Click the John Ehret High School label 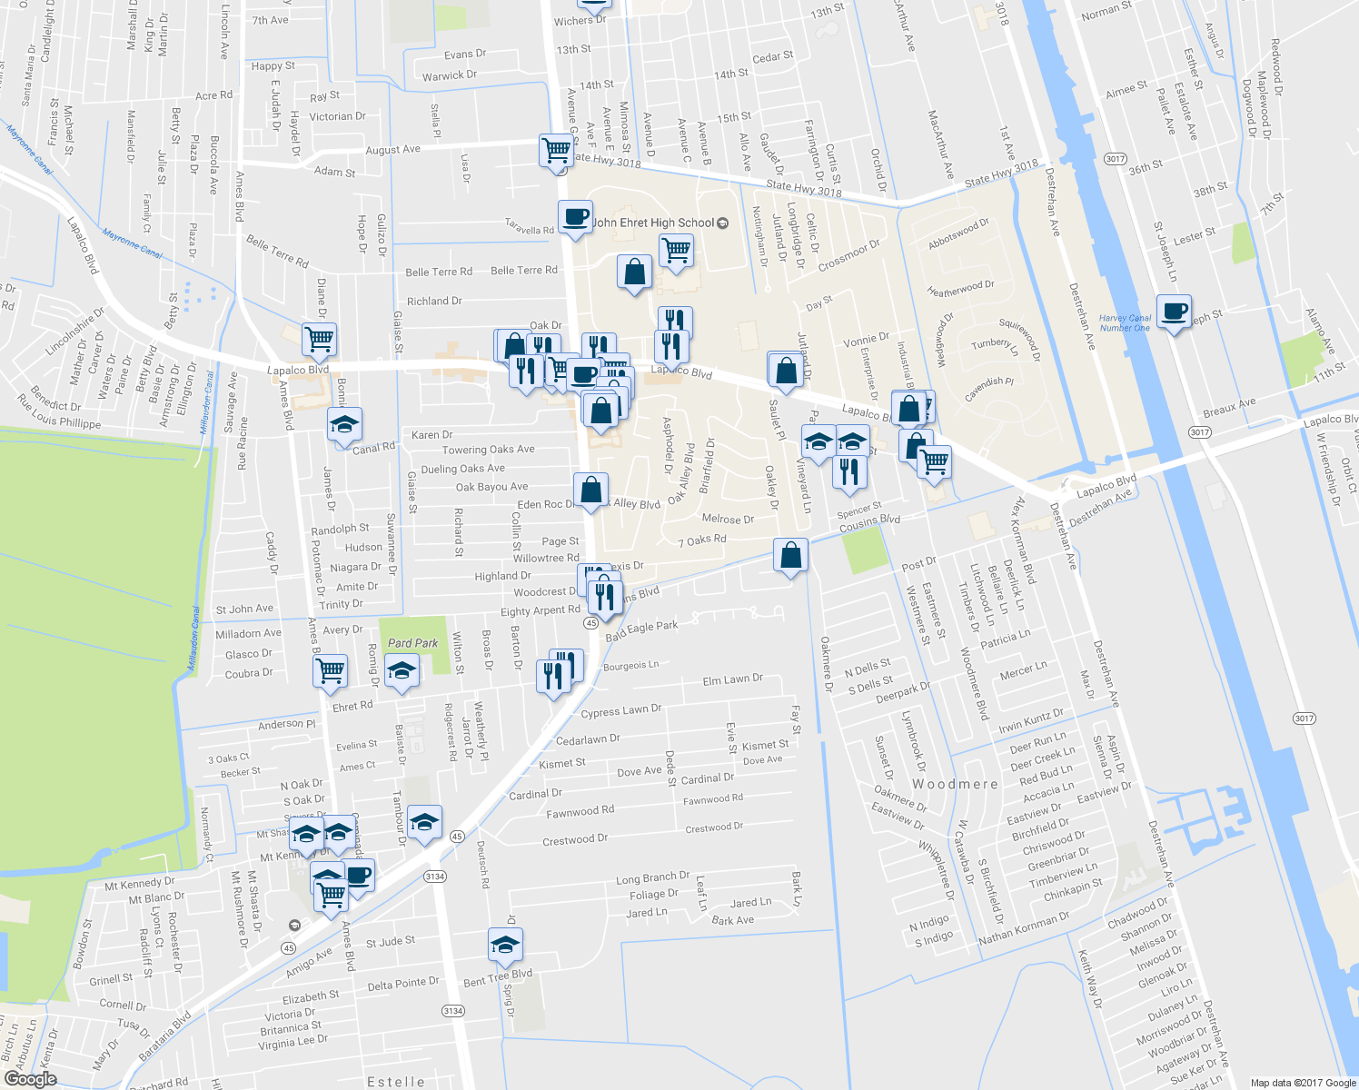[x=653, y=223]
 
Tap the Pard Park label [x=412, y=643]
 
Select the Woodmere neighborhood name [x=955, y=784]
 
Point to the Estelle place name [x=396, y=1081]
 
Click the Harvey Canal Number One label [x=1125, y=323]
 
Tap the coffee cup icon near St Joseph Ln [x=1174, y=312]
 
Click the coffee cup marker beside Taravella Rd [x=574, y=217]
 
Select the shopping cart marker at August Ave [x=556, y=149]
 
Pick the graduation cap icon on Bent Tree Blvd [x=505, y=945]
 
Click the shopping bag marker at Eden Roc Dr [x=590, y=490]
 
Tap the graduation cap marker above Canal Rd [x=344, y=424]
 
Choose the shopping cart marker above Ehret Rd [x=330, y=671]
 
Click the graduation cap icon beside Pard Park [x=402, y=672]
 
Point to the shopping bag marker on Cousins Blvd [x=790, y=555]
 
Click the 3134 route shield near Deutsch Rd [x=434, y=877]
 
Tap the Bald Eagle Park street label [x=641, y=630]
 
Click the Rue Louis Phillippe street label [x=59, y=411]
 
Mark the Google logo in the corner [x=30, y=1079]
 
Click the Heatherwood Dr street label [x=960, y=289]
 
